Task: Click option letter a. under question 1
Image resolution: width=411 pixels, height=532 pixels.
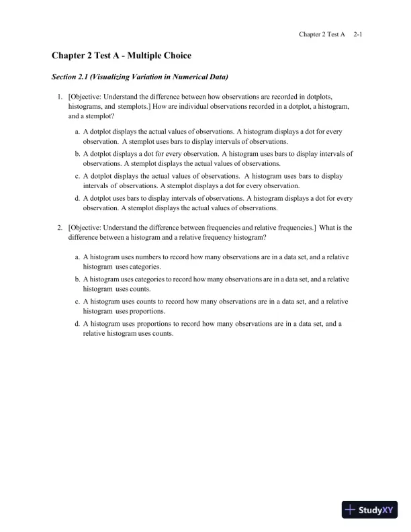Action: click(77, 132)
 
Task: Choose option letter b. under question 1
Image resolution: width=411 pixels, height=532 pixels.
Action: click(77, 154)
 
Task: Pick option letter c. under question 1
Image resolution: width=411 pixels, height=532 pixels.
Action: click(77, 176)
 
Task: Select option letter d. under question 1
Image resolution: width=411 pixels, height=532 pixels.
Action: click(77, 198)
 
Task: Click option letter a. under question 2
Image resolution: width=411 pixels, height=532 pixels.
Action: click(77, 257)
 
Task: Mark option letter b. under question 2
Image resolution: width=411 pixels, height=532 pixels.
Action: click(77, 279)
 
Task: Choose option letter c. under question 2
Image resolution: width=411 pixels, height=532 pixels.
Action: click(77, 302)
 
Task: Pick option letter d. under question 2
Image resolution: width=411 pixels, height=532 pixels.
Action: click(77, 323)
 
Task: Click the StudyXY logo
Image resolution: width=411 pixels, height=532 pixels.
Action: click(370, 510)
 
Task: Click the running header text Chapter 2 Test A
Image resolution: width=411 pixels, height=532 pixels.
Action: click(322, 34)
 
